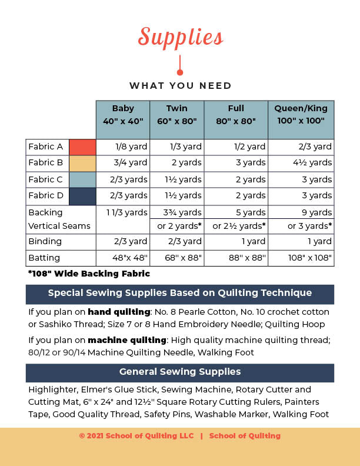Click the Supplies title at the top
tap(180, 37)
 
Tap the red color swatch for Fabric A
tap(82, 147)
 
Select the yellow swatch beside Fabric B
tap(82, 163)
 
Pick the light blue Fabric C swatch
tap(82, 179)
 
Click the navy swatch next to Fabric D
tap(82, 195)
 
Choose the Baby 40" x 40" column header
tap(123, 114)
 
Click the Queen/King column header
tap(301, 114)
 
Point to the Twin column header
tap(177, 114)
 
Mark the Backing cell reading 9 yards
tap(316, 212)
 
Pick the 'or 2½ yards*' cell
tap(239, 227)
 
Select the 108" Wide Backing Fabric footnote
tap(89, 274)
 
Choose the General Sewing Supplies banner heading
tap(180, 372)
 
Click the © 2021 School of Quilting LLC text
tap(135, 436)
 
